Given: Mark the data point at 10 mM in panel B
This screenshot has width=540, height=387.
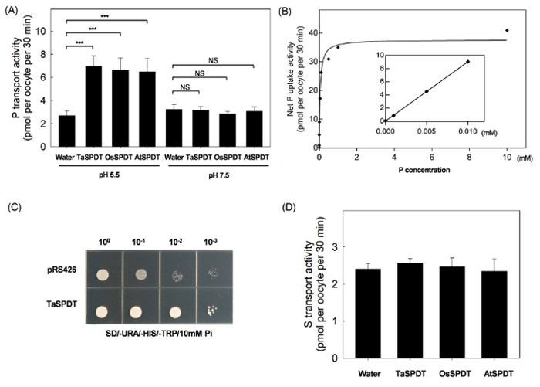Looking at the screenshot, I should point(507,30).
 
